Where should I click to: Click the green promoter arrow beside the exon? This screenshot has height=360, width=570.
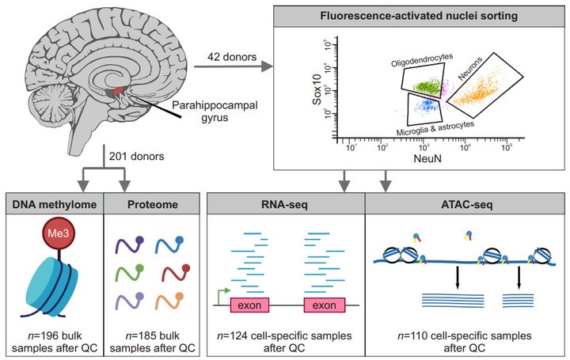pos(222,294)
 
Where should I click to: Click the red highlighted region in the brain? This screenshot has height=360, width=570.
pos(116,93)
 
